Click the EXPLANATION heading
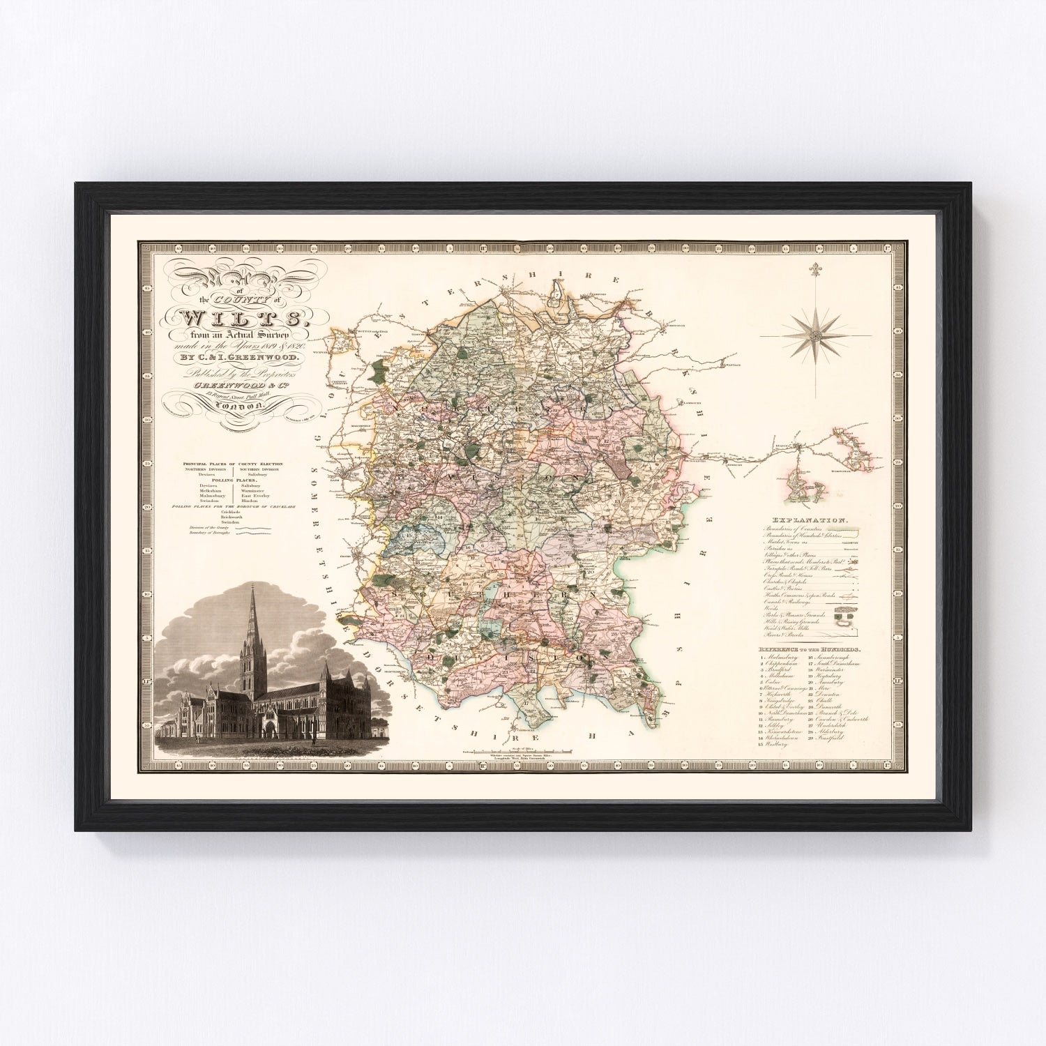809,520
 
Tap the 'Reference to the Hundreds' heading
809,649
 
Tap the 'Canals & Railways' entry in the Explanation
786,602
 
